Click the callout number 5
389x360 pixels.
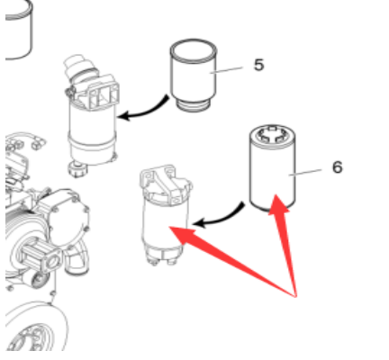(x=258, y=65)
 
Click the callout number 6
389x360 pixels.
(x=338, y=166)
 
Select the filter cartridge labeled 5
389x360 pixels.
(x=194, y=75)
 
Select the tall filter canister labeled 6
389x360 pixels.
(x=273, y=167)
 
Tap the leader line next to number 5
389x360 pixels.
(x=226, y=70)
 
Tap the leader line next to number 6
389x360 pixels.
(x=305, y=173)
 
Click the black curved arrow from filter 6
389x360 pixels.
(x=219, y=217)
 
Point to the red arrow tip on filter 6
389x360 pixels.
(x=276, y=194)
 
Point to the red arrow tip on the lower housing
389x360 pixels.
(x=169, y=227)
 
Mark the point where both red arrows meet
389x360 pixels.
(x=295, y=297)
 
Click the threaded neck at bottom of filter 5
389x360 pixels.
(x=194, y=105)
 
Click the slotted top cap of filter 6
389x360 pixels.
(x=272, y=134)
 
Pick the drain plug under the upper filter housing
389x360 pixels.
(x=77, y=169)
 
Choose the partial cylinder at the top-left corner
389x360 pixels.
(x=19, y=30)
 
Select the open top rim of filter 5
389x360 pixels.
(x=194, y=50)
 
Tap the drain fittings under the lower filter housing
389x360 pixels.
(x=162, y=258)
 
